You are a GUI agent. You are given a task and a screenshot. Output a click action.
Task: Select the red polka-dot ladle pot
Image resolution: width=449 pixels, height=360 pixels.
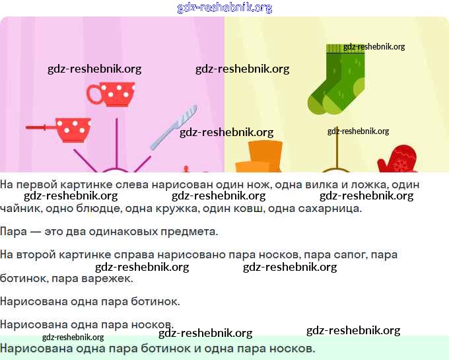coord(73,129)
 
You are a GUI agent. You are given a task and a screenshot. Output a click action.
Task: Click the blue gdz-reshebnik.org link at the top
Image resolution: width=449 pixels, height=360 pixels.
coord(224,8)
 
